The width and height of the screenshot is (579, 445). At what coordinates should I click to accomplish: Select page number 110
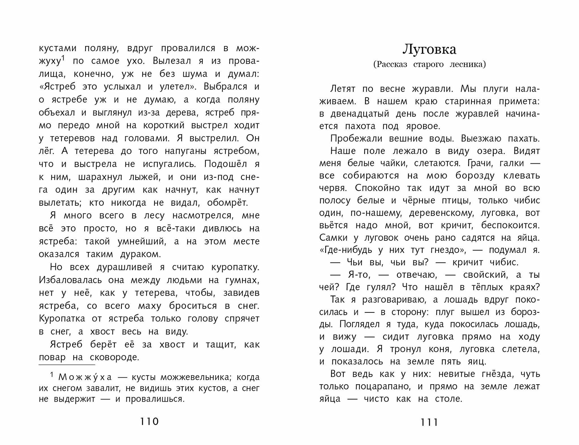(x=149, y=421)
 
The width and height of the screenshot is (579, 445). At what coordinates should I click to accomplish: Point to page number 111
(x=429, y=422)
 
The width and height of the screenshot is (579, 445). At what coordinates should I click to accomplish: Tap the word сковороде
(x=115, y=357)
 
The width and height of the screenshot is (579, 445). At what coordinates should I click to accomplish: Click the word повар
(x=52, y=357)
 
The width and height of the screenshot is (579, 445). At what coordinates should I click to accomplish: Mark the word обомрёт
(x=227, y=203)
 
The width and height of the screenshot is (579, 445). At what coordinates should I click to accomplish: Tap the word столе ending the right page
(x=448, y=399)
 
